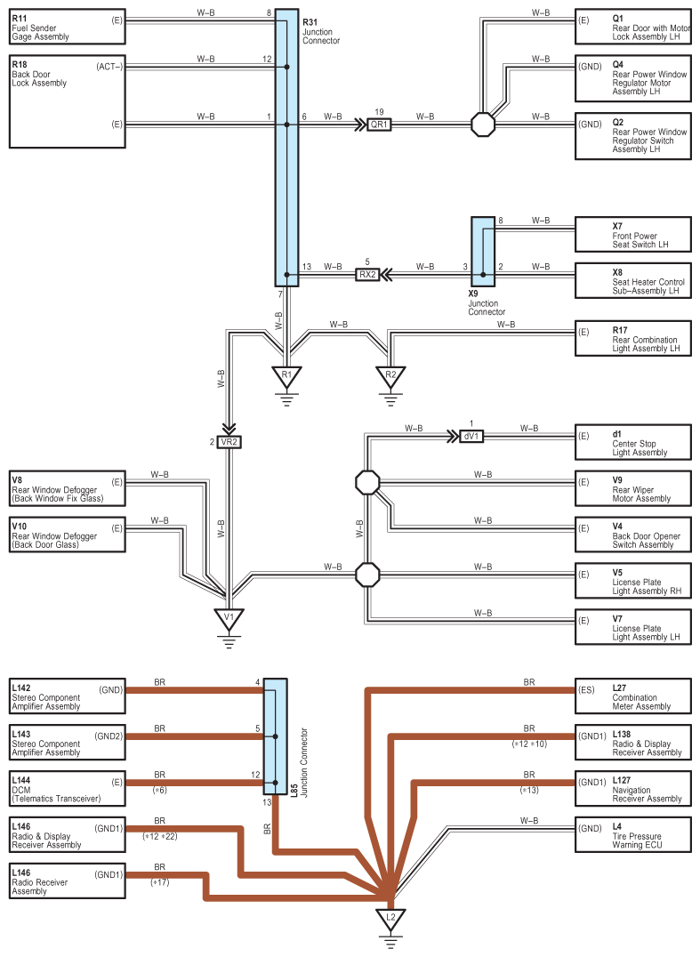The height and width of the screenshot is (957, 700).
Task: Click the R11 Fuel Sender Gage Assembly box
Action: point(67,28)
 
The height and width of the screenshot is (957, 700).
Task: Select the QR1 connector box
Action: point(380,125)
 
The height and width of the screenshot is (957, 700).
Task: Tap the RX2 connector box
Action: point(367,275)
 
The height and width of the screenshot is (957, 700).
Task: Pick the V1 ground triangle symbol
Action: point(229,617)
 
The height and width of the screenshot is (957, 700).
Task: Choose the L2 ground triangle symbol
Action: point(390,917)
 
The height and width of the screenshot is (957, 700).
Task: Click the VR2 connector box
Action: point(229,442)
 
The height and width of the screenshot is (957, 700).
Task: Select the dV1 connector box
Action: point(471,437)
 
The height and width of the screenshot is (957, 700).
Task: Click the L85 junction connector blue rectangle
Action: point(276,736)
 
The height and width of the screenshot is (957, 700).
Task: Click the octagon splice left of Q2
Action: point(482,125)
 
